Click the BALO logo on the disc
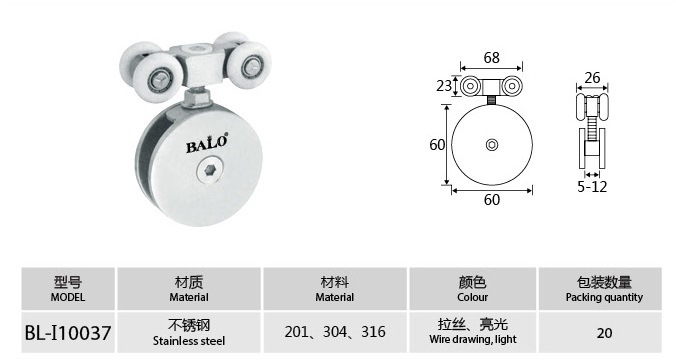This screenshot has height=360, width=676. [x=207, y=143]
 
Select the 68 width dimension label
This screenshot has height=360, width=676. [x=491, y=57]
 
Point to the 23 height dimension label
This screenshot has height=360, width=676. [x=444, y=86]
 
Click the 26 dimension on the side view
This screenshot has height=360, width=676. [x=592, y=78]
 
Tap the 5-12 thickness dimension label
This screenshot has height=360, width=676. [x=592, y=186]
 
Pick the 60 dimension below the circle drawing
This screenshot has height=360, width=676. [x=491, y=200]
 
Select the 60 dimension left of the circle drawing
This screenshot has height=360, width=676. [x=437, y=144]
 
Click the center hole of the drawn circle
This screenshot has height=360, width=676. [x=492, y=145]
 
